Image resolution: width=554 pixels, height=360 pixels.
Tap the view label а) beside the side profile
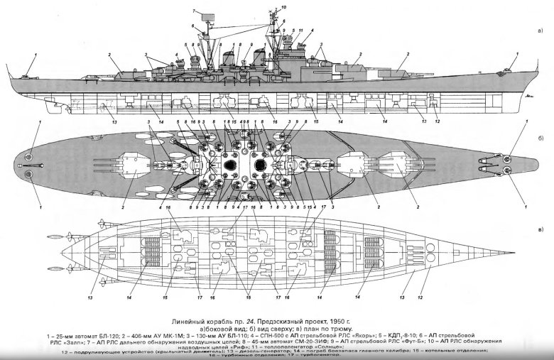click(541, 31)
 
